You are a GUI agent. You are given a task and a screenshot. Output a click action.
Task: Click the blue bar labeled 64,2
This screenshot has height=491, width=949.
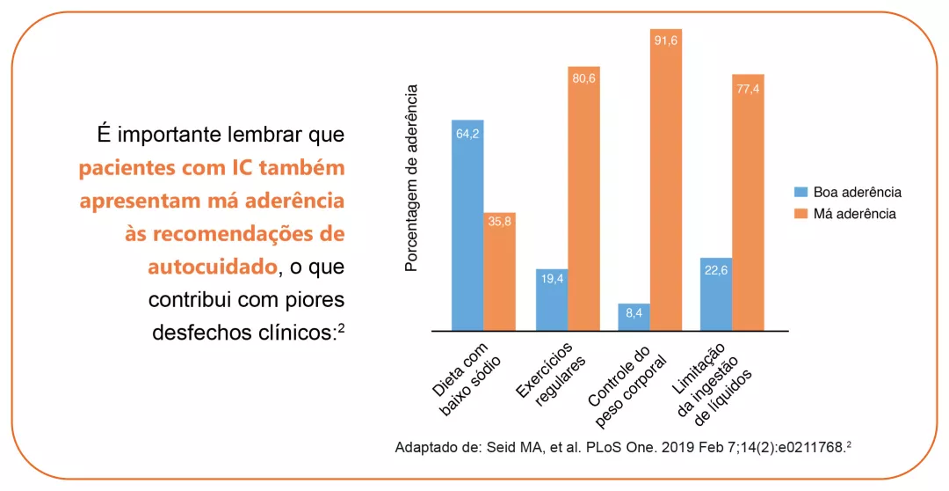click(467, 224)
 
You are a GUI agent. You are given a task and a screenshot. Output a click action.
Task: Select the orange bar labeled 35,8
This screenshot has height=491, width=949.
click(500, 271)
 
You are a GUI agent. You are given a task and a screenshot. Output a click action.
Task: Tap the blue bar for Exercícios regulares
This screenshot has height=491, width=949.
click(552, 299)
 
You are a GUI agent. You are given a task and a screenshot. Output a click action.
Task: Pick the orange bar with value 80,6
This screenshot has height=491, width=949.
click(583, 198)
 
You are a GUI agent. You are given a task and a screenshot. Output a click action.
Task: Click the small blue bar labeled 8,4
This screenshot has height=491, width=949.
click(634, 316)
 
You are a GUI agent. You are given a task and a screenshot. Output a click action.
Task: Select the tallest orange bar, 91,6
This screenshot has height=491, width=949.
click(666, 180)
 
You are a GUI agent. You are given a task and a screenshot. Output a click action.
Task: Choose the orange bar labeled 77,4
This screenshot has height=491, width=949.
click(749, 202)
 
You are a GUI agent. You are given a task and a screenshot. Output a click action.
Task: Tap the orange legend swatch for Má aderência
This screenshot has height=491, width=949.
click(801, 214)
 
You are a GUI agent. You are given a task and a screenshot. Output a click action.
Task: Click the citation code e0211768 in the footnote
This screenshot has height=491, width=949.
click(804, 446)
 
